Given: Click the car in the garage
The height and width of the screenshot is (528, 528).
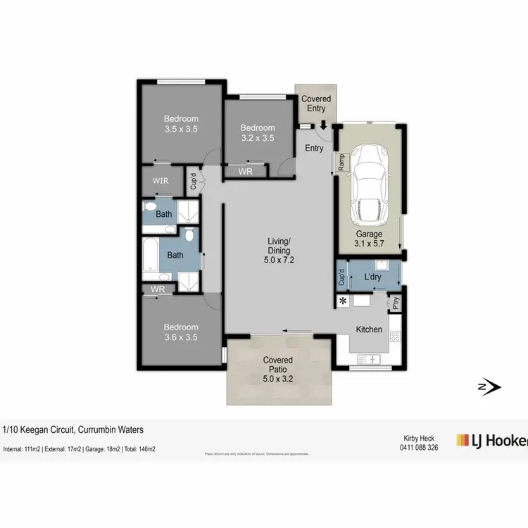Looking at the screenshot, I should coord(370,182).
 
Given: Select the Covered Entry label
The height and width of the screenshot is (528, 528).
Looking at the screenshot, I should coord(316,103).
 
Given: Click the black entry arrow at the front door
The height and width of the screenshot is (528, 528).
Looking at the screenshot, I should coord(322,125).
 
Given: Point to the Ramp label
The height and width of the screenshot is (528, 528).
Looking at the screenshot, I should coord(341,163).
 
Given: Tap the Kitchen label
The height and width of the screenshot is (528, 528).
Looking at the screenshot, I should coord(369,329).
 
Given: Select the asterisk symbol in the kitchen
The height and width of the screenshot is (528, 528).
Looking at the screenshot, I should coord(344,301).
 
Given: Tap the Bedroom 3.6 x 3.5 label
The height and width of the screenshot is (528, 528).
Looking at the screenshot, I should coord(181,332).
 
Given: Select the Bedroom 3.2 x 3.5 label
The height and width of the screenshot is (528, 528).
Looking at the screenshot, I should coord(258,133).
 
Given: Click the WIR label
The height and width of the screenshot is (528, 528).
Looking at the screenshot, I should coord(161,182).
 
